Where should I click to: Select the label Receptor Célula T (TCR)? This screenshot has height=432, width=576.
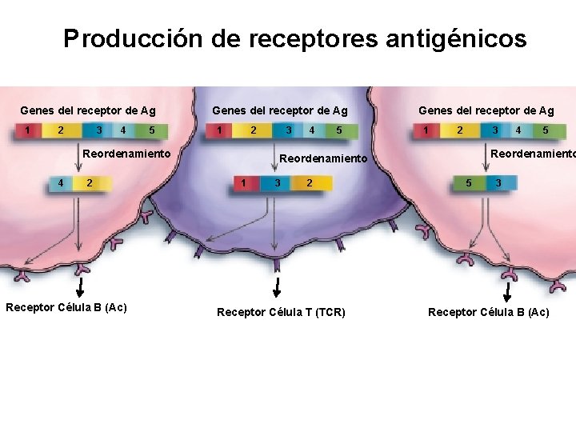click(x=282, y=312)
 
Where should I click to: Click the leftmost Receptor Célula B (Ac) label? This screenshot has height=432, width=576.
click(x=66, y=307)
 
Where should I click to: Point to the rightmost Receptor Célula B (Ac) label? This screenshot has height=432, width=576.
click(x=489, y=312)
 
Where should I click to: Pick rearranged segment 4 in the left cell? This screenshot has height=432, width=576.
click(x=62, y=183)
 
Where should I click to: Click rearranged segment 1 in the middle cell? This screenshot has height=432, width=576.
click(x=244, y=183)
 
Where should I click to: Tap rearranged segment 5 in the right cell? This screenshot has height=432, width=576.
click(x=469, y=183)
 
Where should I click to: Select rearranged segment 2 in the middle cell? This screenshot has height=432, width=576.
click(x=309, y=183)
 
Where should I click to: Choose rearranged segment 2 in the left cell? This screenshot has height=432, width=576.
click(x=90, y=183)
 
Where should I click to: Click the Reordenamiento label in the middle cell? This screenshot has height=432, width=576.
click(x=322, y=158)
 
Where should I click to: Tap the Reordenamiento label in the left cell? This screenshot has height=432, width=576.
click(x=127, y=153)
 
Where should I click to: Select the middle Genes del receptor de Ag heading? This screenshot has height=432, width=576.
click(x=279, y=110)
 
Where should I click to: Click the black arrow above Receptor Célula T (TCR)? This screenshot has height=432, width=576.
click(x=277, y=286)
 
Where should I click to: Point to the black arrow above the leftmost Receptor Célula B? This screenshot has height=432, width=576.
click(x=81, y=286)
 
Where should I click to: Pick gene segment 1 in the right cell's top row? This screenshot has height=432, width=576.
click(x=427, y=130)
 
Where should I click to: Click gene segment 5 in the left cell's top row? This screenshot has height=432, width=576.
click(x=152, y=130)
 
